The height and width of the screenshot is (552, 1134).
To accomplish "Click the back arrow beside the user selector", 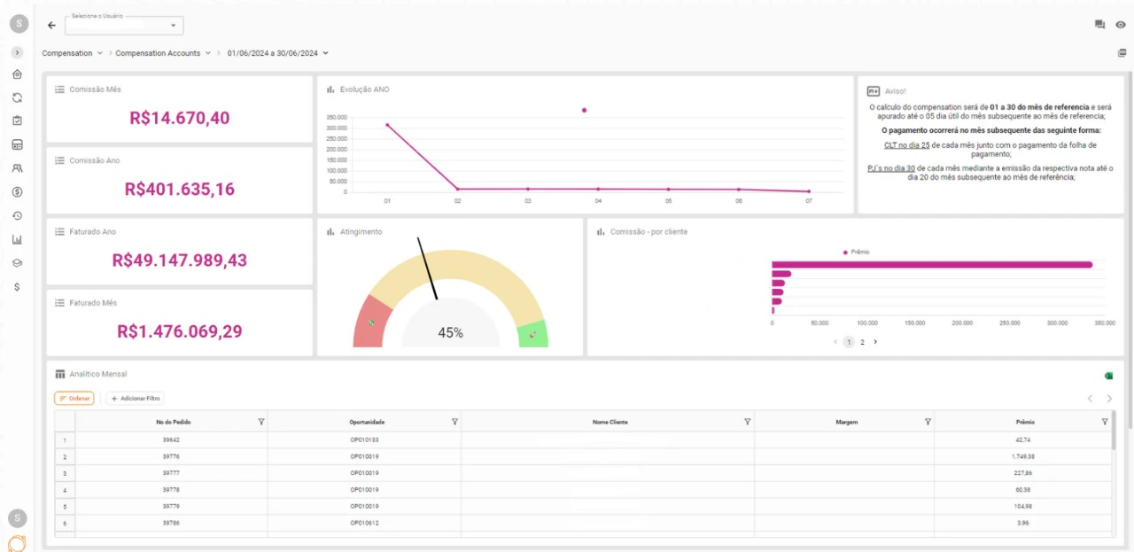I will point(51,26).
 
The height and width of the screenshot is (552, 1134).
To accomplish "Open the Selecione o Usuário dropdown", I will point(125,26).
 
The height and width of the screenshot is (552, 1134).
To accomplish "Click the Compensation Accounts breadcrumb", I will point(158,53).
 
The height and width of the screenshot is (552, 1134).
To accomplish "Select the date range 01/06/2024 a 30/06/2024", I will point(273,53).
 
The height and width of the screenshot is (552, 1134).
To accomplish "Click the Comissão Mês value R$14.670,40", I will point(179,118).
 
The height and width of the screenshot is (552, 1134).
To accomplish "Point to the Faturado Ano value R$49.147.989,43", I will point(179,260).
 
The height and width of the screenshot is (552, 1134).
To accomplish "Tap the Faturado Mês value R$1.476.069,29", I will point(179,331).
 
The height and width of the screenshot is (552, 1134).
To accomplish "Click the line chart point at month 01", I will point(387,125).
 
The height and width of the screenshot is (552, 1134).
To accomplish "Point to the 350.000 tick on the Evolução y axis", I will point(337,117).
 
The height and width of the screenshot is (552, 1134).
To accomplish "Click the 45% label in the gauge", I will point(450,333).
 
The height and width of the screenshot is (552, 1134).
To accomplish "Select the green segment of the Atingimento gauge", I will point(533,335).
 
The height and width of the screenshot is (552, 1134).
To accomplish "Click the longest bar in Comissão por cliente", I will point(930,264).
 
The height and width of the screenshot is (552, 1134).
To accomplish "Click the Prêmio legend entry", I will point(856,253).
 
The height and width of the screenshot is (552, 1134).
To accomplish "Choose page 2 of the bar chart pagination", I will point(862,342).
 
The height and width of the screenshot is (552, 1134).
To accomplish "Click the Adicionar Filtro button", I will point(135,399).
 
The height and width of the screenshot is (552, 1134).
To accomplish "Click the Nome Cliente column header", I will point(610,422).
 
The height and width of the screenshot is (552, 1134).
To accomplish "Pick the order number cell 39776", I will point(171,456).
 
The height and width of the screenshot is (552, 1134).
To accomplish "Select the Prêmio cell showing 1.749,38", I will point(1024,456).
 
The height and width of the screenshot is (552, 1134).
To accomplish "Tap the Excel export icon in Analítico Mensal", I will point(1108,376).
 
